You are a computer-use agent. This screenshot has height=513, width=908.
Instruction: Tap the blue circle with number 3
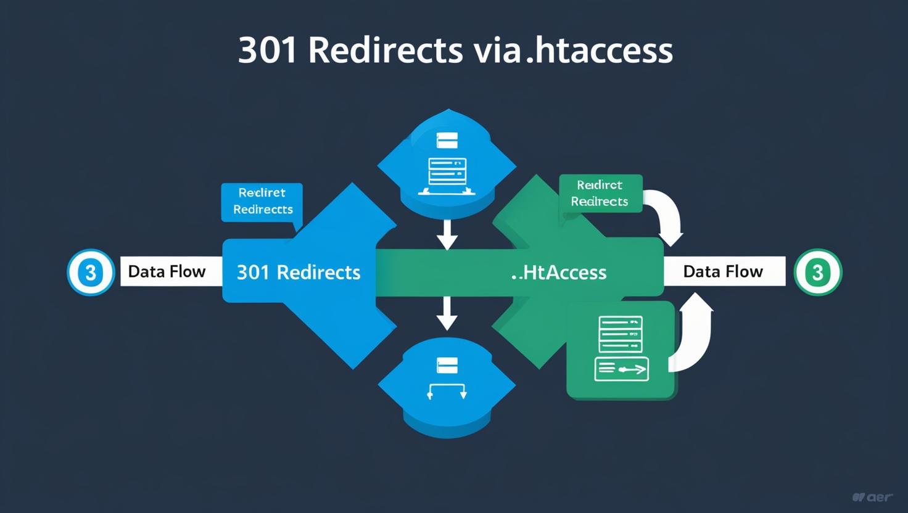coord(91,272)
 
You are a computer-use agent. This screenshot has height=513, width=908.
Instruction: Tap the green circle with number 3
coord(818,272)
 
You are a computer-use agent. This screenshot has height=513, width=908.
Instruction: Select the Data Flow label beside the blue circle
coord(167,271)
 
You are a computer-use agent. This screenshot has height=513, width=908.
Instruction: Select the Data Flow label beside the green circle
coord(723,271)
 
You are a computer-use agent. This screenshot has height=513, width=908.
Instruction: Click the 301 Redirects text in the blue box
coord(299,272)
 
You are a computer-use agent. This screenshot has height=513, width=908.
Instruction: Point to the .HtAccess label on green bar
coord(559,272)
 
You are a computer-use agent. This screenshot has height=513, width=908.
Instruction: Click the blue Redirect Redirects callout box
coord(262,201)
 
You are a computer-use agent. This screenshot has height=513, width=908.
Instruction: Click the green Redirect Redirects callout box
coord(600,193)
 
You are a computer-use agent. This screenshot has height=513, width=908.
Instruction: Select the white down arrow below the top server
coord(447,234)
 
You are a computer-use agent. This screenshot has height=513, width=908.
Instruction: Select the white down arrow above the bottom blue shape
coord(447,313)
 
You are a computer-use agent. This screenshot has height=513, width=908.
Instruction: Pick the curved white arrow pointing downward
coord(666,216)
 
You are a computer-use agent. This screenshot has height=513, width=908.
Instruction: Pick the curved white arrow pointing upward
coord(694,333)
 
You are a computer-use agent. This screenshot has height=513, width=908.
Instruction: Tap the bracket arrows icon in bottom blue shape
coord(447,390)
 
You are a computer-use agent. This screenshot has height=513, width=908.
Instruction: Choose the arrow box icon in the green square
coord(621,369)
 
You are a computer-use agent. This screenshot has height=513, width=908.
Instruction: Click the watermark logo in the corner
coord(873,497)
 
